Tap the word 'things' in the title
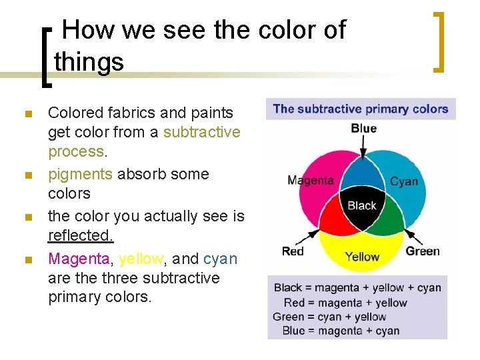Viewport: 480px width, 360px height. point(89,62)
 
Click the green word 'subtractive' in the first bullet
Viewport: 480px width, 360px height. point(201,132)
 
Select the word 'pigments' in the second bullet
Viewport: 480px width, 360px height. point(80,174)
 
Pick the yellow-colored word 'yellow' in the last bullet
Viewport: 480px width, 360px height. point(140,258)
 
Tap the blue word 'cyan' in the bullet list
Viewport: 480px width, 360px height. point(221,258)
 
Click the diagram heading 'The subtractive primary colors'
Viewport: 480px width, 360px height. point(361,109)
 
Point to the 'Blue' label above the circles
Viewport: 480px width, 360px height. point(363,129)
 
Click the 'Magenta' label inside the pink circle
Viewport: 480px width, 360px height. point(311,181)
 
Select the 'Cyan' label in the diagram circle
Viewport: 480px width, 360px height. point(404,181)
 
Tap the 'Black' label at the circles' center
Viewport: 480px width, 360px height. point(362,205)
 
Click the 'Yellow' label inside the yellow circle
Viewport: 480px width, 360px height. point(362,257)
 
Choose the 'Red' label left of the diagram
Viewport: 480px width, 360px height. point(293,251)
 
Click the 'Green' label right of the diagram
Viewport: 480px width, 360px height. point(423,251)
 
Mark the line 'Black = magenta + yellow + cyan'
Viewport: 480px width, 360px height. point(358,288)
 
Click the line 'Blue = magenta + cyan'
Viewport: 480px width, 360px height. point(341,331)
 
